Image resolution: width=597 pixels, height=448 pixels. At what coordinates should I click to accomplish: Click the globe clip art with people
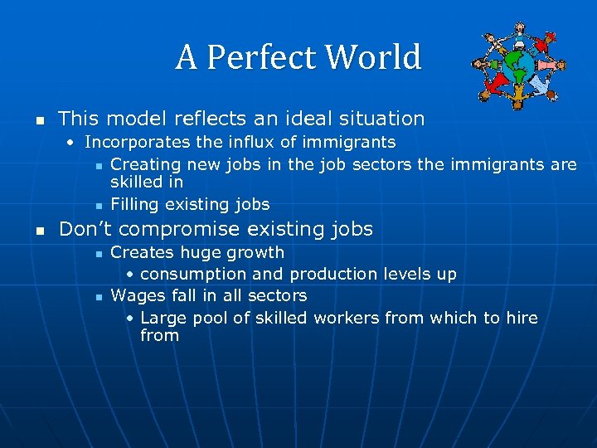click(x=518, y=66)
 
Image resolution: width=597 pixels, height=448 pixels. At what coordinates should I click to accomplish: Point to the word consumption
click(x=193, y=274)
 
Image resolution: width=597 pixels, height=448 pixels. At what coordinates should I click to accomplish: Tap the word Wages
click(x=136, y=295)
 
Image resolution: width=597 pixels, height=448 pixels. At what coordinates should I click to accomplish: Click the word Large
click(x=164, y=318)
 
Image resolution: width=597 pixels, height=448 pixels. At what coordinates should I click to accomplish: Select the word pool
click(x=212, y=318)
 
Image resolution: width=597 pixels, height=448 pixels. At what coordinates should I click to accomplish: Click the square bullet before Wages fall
click(x=98, y=297)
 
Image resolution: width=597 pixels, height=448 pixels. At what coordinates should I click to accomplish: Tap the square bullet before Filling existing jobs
click(x=98, y=205)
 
